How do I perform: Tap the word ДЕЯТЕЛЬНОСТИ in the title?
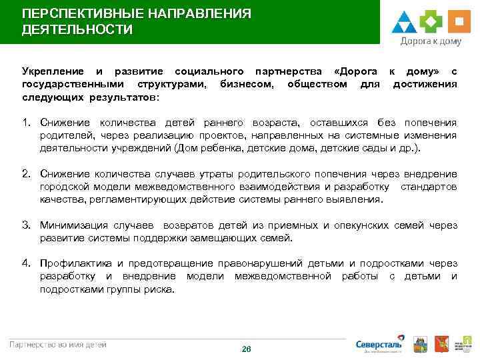[77, 30]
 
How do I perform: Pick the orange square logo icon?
[457, 21]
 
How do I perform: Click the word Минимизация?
[71, 225]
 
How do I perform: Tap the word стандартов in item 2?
[429, 187]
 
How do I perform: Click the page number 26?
[246, 349]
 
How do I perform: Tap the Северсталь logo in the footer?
[379, 344]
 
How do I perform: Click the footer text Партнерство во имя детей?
[58, 344]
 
